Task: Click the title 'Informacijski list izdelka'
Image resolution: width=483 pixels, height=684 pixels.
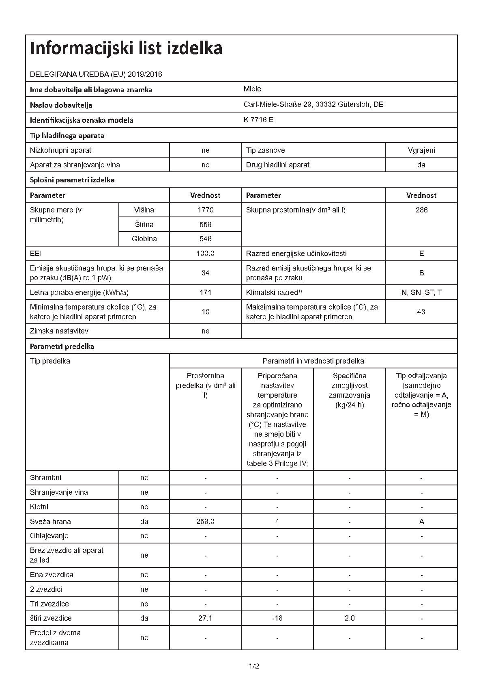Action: point(126,48)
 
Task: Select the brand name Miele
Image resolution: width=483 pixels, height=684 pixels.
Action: point(252,89)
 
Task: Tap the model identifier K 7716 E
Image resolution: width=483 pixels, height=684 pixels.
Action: point(258,120)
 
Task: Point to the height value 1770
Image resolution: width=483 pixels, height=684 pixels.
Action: point(205,210)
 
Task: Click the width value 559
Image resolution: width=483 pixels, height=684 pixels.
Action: point(205,224)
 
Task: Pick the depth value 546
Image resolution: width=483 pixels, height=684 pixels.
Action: point(205,239)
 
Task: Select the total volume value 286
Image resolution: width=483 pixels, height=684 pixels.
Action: point(421,210)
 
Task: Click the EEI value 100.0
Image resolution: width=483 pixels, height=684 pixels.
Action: point(205,253)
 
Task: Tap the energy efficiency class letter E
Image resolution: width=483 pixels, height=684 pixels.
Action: point(421,253)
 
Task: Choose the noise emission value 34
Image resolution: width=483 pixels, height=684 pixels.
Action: point(205,273)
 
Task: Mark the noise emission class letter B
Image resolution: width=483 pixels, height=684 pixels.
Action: point(421,273)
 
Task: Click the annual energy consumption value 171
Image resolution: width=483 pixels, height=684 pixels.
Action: point(205,292)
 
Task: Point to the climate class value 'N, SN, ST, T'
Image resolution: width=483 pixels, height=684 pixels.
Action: point(421,292)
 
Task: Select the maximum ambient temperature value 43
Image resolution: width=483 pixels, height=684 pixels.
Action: point(421,312)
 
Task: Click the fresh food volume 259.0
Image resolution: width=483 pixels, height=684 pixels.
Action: point(205,522)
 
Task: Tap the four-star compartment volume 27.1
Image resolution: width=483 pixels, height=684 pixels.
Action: point(205,618)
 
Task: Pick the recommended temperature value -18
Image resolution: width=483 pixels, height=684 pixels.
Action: point(277,618)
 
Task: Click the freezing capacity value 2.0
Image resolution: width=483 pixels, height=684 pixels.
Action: point(349,618)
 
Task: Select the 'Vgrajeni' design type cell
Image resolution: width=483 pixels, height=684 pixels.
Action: point(421,150)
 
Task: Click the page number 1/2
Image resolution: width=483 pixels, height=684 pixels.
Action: point(254,666)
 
